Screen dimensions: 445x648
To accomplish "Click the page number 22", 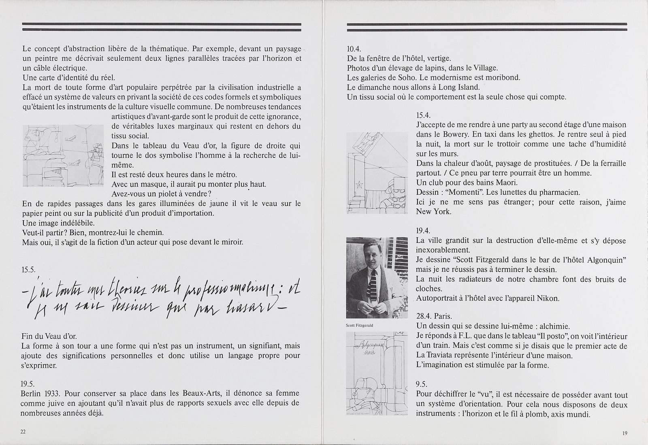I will point(23,432).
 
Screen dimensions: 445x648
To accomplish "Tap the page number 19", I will point(624,433).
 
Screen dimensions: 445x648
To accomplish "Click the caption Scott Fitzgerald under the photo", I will point(359,325).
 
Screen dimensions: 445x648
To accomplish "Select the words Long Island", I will point(460,87).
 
